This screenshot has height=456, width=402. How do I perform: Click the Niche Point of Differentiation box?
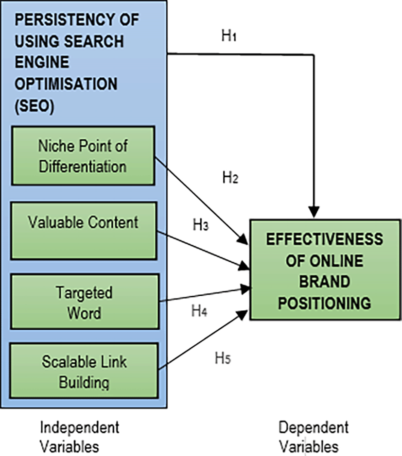click(82, 155)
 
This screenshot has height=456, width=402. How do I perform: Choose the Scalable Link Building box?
click(83, 372)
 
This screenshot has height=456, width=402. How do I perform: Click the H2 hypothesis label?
click(230, 177)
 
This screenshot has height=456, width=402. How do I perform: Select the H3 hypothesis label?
click(201, 224)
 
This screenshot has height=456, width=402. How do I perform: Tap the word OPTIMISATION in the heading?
click(66, 83)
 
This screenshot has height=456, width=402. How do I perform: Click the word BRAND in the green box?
click(325, 282)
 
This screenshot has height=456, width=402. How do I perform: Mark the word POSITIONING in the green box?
click(325, 303)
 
